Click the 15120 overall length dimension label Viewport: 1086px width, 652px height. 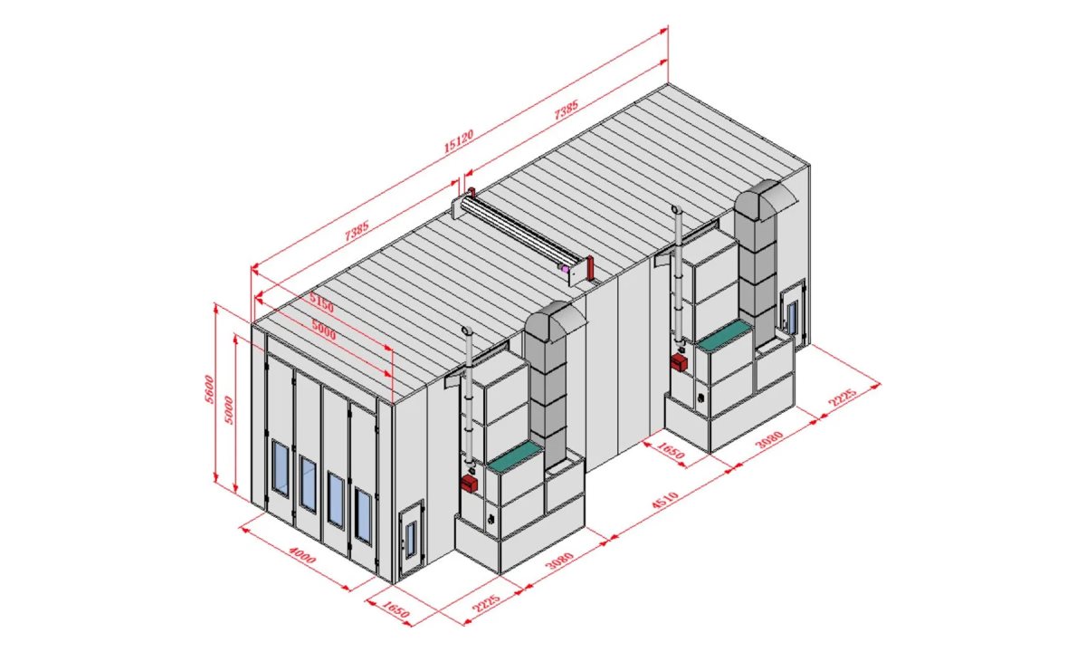point(459,140)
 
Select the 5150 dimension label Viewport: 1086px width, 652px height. point(321,303)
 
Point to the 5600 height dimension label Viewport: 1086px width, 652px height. point(208,388)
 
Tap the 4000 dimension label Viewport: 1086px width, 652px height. point(302,555)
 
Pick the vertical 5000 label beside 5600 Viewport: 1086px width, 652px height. point(229,410)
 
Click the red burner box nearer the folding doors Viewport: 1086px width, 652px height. point(470,483)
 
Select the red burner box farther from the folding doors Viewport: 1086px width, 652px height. point(680,362)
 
